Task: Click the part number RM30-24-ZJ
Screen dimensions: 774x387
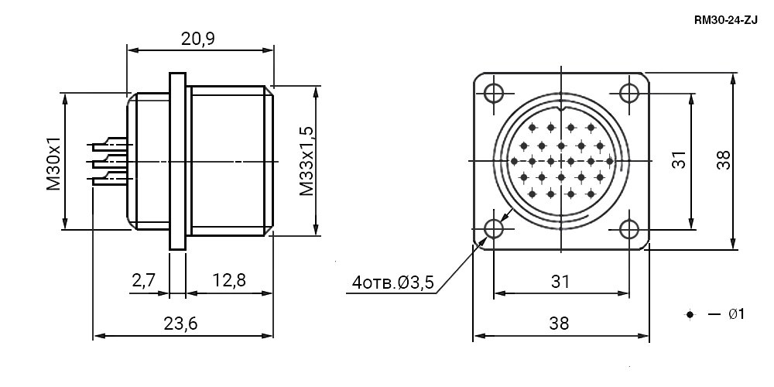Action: click(x=725, y=20)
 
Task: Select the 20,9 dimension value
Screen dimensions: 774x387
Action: click(x=198, y=39)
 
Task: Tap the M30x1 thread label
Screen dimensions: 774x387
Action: click(x=53, y=163)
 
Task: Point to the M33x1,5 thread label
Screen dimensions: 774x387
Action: click(x=307, y=161)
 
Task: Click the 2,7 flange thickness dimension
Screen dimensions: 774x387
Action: click(x=144, y=280)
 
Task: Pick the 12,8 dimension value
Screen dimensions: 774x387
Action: click(x=229, y=280)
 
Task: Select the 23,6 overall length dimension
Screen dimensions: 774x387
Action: click(x=180, y=324)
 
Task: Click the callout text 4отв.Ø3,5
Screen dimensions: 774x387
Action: click(x=393, y=283)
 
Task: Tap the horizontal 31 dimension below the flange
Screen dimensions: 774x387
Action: click(x=560, y=282)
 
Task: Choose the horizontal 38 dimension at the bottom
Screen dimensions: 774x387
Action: click(x=560, y=324)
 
